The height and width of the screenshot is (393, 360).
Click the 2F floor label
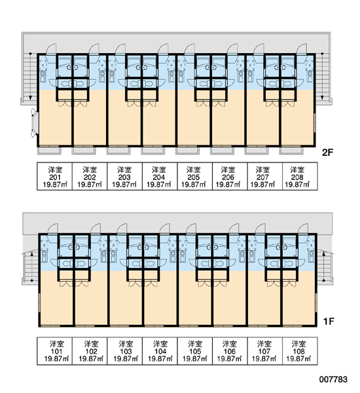[x=328, y=153]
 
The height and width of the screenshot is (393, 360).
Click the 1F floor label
[x=329, y=321]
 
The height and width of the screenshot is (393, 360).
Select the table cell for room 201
[x=54, y=176]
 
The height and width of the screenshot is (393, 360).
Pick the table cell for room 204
[x=160, y=176]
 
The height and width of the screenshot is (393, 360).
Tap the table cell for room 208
[x=300, y=176]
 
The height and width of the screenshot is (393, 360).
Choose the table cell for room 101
[x=54, y=351]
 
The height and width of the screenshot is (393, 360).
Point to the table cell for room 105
[x=194, y=351]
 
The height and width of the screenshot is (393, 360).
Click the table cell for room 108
[x=300, y=351]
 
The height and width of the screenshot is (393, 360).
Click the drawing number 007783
[x=333, y=379]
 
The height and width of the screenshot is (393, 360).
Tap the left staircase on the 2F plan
[x=29, y=77]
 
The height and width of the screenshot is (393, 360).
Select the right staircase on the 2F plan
[x=323, y=77]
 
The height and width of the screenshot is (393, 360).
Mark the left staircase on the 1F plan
[x=31, y=268]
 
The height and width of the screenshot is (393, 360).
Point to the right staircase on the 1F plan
[x=325, y=268]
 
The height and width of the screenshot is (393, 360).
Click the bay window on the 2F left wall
[x=34, y=123]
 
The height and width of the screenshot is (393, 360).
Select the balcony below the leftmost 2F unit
[x=49, y=151]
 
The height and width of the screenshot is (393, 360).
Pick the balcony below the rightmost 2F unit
[x=291, y=151]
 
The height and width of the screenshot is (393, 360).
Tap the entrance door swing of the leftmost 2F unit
[x=51, y=48]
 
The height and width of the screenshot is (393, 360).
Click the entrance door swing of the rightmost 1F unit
[x=303, y=229]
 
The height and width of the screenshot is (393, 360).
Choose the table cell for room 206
[x=230, y=176]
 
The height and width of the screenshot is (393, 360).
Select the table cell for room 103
[x=124, y=351]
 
